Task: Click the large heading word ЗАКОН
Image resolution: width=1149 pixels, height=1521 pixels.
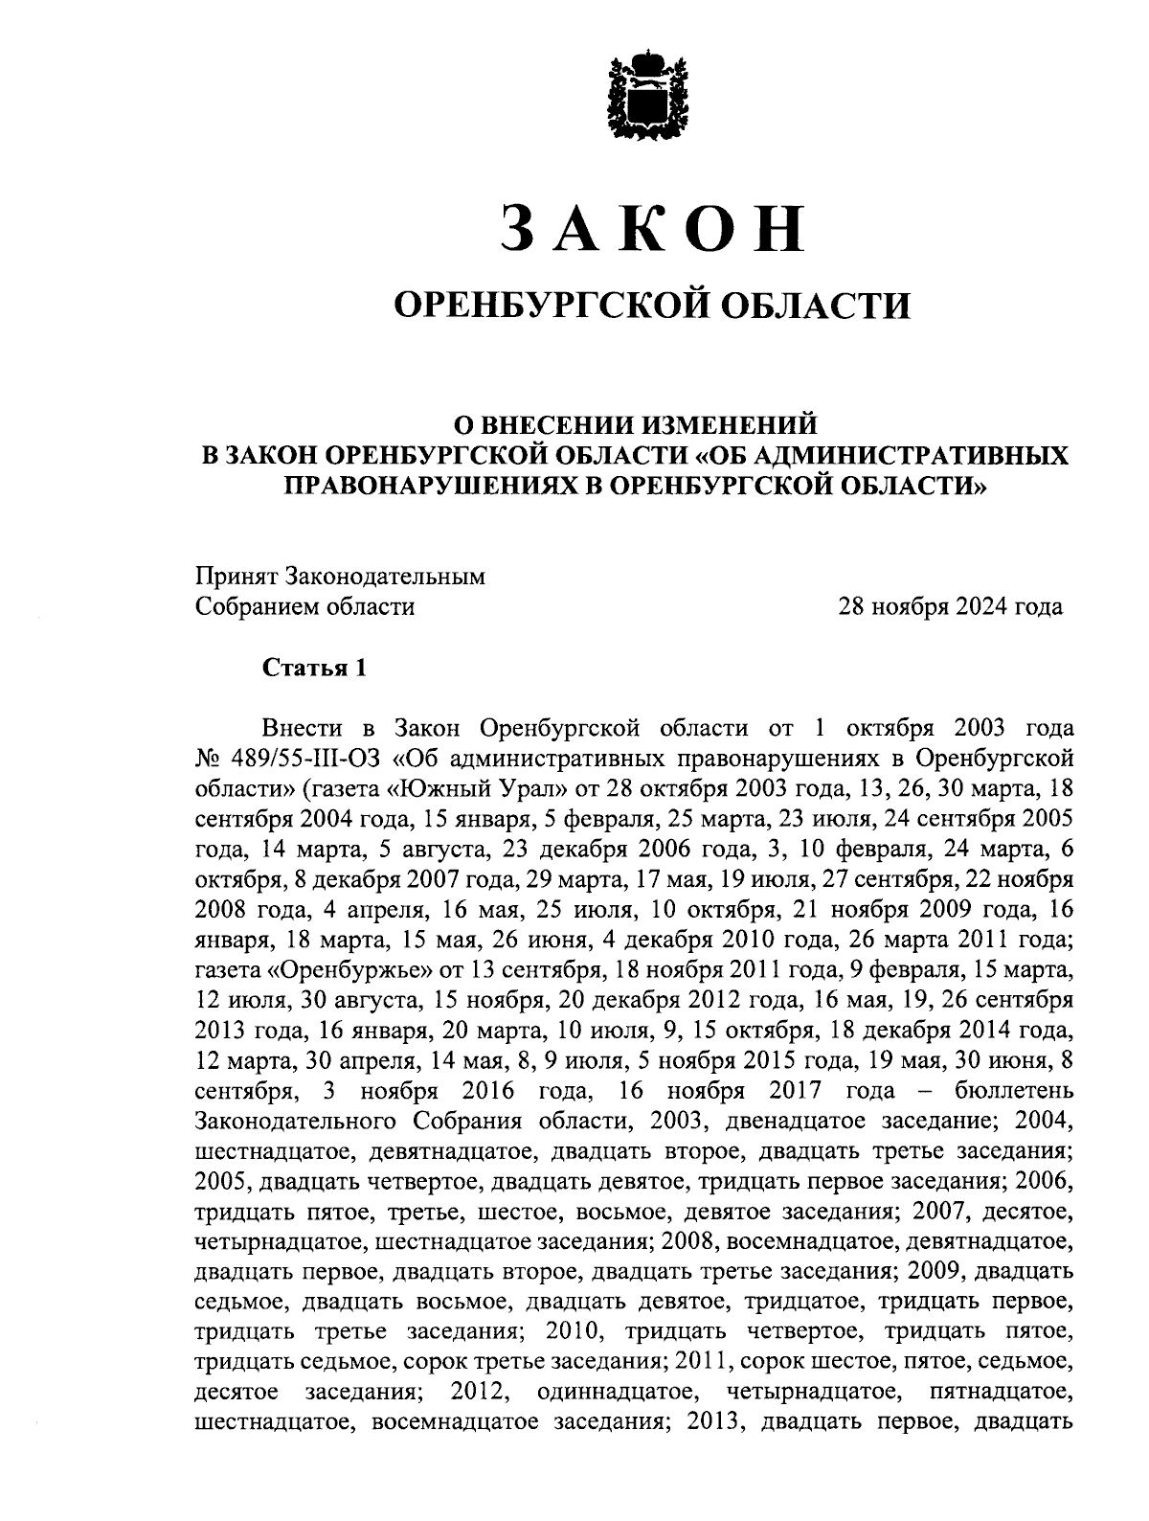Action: coord(652,228)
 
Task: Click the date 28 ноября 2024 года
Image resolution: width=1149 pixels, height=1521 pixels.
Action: coord(950,607)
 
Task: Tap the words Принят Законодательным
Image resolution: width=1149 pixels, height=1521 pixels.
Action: coord(340,577)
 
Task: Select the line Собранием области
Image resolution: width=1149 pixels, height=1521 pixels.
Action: coord(304,607)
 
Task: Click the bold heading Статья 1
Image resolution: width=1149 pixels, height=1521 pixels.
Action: coord(314,668)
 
